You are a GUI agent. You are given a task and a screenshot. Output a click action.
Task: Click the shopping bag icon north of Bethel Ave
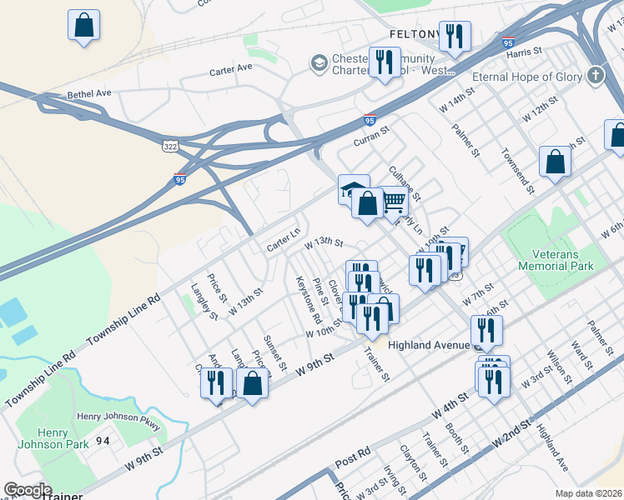(x=84, y=25)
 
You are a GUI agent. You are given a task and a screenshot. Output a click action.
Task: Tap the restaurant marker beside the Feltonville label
(x=455, y=37)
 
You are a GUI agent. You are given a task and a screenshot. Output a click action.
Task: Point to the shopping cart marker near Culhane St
(x=393, y=200)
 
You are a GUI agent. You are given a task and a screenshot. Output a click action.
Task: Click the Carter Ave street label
(x=231, y=70)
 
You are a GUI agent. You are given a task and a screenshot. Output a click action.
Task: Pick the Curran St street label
(x=371, y=137)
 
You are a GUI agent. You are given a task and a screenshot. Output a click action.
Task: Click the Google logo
(x=28, y=490)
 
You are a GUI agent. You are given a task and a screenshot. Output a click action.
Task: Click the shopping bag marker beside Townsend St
(x=555, y=163)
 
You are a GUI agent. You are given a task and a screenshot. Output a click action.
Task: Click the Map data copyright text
(x=587, y=492)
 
